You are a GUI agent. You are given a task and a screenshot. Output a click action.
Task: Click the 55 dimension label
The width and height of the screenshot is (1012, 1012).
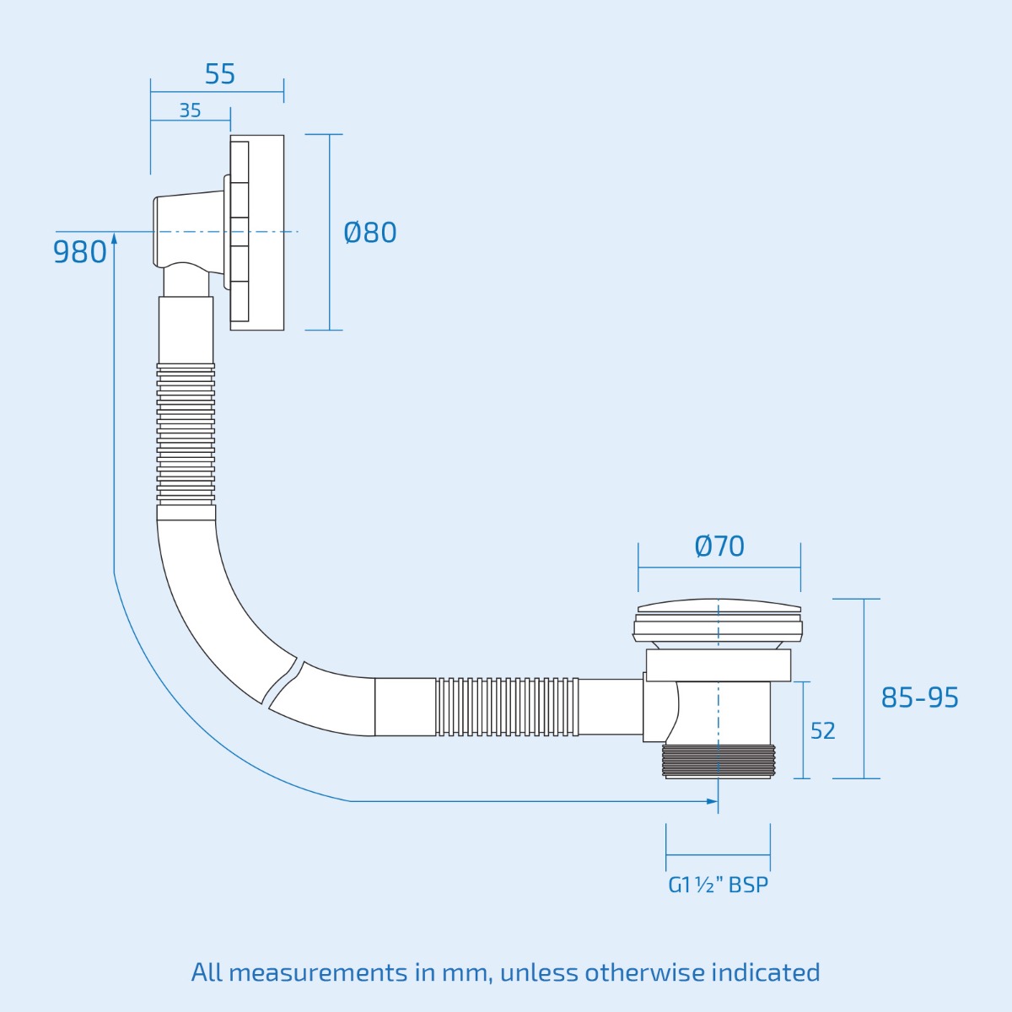tap(219, 74)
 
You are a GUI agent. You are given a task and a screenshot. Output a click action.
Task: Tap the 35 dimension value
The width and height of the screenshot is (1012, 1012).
tap(190, 110)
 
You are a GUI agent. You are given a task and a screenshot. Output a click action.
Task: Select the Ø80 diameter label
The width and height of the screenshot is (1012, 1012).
tap(370, 232)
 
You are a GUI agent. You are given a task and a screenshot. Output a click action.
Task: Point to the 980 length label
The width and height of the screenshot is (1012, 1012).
tap(79, 251)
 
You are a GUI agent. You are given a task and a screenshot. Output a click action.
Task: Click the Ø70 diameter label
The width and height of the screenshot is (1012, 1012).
tap(719, 546)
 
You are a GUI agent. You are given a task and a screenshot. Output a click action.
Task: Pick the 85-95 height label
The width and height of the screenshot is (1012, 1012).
tap(919, 697)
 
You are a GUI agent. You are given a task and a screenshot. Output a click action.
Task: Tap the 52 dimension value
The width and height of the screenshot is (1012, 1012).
tap(822, 730)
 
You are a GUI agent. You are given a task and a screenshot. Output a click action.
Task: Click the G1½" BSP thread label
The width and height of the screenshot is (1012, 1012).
tap(718, 885)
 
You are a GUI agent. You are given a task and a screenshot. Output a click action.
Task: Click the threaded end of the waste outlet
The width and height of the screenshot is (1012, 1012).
tap(718, 761)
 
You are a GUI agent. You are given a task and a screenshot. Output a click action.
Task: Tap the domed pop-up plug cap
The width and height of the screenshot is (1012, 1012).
tap(719, 606)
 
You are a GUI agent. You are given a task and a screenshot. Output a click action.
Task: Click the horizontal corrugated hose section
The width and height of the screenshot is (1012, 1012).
tap(507, 706)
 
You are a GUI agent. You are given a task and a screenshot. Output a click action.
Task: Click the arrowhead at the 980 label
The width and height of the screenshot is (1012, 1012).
tap(114, 239)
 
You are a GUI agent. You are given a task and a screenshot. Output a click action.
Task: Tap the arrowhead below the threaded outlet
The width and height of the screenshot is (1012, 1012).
tap(713, 800)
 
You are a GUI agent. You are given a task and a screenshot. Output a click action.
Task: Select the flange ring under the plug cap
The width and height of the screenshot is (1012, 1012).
tap(718, 665)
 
